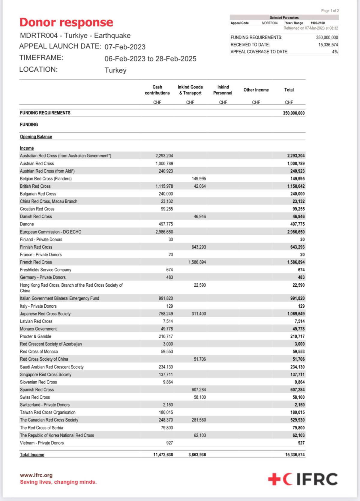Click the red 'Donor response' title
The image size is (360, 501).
click(x=66, y=22)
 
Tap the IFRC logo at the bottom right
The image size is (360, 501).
click(x=303, y=479)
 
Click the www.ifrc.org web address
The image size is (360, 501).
click(x=36, y=475)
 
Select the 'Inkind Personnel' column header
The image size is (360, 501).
click(x=223, y=90)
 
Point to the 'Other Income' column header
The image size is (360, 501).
click(x=256, y=90)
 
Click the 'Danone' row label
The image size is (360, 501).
click(x=27, y=224)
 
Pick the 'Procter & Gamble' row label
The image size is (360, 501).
click(x=35, y=336)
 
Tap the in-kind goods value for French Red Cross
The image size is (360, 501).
click(x=197, y=262)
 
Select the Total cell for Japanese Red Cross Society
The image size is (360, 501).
click(x=296, y=314)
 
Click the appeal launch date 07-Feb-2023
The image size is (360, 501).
click(x=125, y=47)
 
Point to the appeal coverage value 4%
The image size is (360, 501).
click(x=335, y=52)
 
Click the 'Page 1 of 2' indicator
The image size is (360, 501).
click(x=330, y=11)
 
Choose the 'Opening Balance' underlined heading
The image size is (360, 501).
click(x=36, y=137)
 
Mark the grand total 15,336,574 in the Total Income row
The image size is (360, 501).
click(x=295, y=455)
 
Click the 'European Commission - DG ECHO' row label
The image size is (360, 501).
click(x=51, y=232)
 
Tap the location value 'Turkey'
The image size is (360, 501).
click(x=115, y=70)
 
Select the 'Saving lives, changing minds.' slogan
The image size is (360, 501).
click(x=58, y=482)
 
